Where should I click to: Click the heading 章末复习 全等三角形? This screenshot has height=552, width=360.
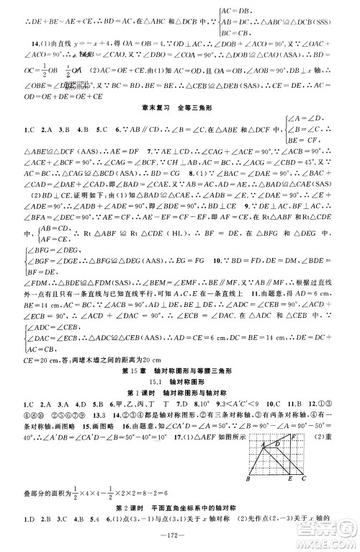[180, 108]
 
